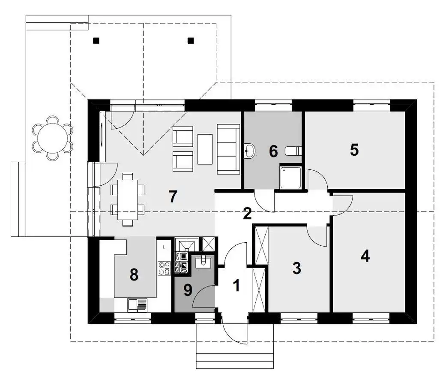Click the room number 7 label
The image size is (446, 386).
[173, 196]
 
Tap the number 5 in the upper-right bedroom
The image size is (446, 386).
[354, 150]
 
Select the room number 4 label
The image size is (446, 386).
[365, 256]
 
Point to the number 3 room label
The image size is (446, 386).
[296, 268]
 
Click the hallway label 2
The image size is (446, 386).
[247, 214]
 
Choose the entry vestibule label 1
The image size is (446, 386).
[236, 286]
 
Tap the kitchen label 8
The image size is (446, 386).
[134, 275]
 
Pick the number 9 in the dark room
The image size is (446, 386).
[188, 290]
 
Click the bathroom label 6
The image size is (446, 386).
[273, 151]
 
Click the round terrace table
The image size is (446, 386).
[53, 138]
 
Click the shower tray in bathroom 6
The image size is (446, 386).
[290, 178]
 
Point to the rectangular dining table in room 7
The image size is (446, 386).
[128, 199]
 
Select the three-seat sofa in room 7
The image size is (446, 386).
[228, 149]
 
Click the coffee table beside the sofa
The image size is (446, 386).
[205, 149]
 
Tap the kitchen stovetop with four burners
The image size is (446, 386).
[164, 268]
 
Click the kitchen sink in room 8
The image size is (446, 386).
[138, 305]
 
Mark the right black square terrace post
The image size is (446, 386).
[191, 41]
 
